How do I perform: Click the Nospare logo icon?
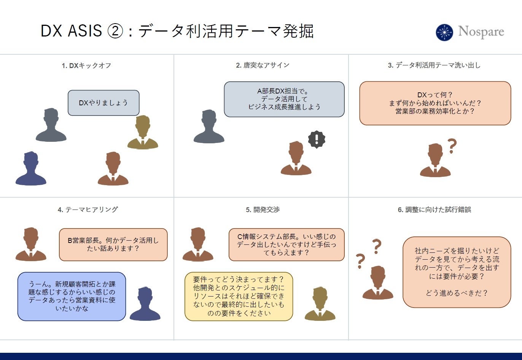point(444,32)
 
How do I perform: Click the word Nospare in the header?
point(481,32)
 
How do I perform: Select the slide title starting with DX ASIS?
point(177,31)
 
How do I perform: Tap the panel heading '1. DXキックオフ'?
point(86,65)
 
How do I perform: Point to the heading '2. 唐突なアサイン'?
point(263,65)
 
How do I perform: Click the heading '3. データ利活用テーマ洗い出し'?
point(434,65)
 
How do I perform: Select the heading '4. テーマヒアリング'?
point(88,209)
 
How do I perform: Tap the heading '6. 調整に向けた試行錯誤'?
point(434,209)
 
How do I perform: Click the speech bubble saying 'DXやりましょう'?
point(103,103)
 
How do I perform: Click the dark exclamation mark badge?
point(316,140)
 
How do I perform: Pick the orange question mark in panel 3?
point(452,146)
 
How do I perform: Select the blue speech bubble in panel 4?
point(72,297)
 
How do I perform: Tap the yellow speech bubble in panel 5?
point(239,297)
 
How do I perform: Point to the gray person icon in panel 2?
point(209,127)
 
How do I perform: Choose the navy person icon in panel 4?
point(145,304)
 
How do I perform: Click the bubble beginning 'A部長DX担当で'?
point(284,99)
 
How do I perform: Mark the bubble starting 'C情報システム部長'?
point(286,245)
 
